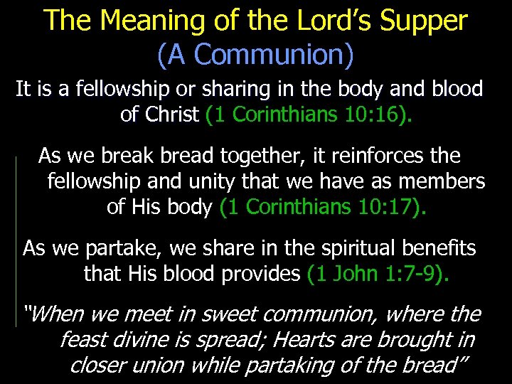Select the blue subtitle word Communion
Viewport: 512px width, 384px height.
260,55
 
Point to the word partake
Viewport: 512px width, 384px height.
113,248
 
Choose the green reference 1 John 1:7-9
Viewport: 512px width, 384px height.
377,274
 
